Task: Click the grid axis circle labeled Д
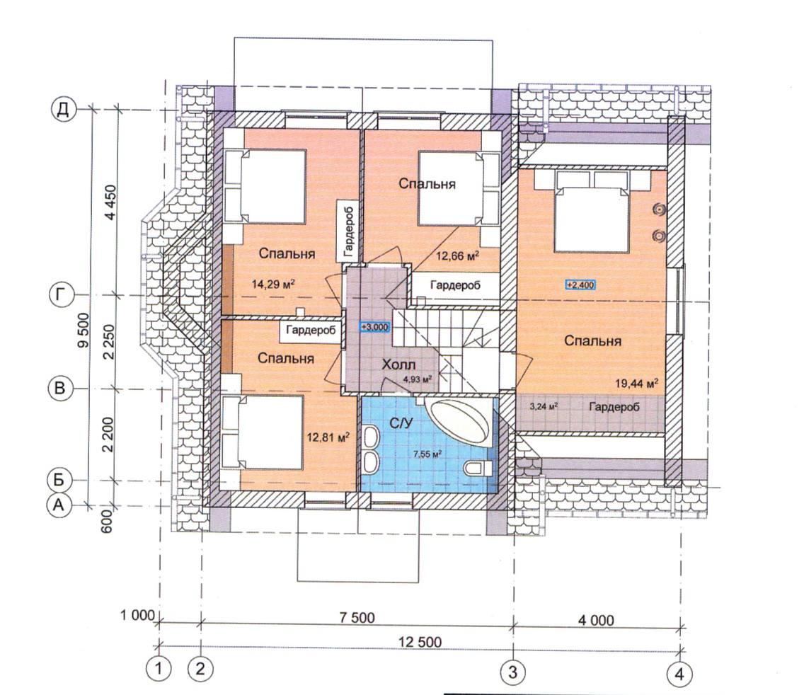[63, 110]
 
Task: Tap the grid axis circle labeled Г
[61, 296]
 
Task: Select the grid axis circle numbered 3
[512, 672]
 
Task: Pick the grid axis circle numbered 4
[679, 674]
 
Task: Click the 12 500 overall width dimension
[420, 642]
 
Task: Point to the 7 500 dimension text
[357, 617]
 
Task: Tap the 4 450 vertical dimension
[110, 202]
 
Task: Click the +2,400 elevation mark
[580, 285]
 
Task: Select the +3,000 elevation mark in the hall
[375, 327]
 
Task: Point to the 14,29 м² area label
[274, 283]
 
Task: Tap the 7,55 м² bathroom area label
[427, 454]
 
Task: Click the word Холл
[399, 364]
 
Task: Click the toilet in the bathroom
[478, 468]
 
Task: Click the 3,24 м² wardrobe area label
[544, 406]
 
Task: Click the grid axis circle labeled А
[59, 505]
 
